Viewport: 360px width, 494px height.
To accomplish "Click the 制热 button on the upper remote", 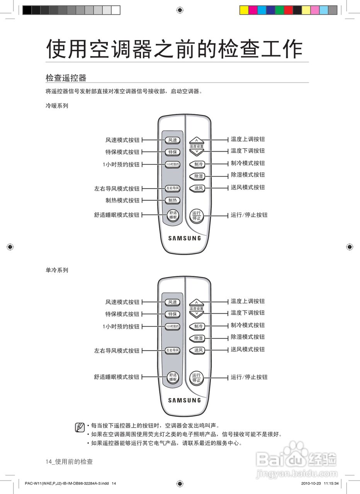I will pos(173,200).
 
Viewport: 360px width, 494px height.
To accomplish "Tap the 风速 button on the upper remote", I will pos(173,140).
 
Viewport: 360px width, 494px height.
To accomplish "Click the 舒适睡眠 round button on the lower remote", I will pos(173,377).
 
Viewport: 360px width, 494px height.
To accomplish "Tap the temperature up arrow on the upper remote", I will pos(197,140).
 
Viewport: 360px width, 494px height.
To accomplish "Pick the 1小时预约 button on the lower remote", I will pos(173,327).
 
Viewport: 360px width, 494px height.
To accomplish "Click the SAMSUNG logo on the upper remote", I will pos(185,238).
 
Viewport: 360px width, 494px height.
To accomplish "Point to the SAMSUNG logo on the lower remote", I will pos(185,400).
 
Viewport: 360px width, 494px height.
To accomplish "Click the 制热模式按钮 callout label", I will pos(122,200).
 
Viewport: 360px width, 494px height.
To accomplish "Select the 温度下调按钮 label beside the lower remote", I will pos(248,313).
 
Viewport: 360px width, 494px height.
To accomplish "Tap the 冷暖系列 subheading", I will pos(57,105).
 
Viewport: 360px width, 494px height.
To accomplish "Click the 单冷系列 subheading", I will pos(57,270).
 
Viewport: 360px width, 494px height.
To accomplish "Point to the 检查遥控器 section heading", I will pos(66,78).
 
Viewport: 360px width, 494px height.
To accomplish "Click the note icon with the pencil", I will pos(80,427).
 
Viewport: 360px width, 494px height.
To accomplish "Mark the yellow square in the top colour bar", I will pos(244,10).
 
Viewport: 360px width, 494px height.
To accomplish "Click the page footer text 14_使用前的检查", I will pos(69,462).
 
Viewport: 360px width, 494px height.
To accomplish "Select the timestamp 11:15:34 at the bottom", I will pos(331,483).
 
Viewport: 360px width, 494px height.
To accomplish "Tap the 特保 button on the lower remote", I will pos(173,314).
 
